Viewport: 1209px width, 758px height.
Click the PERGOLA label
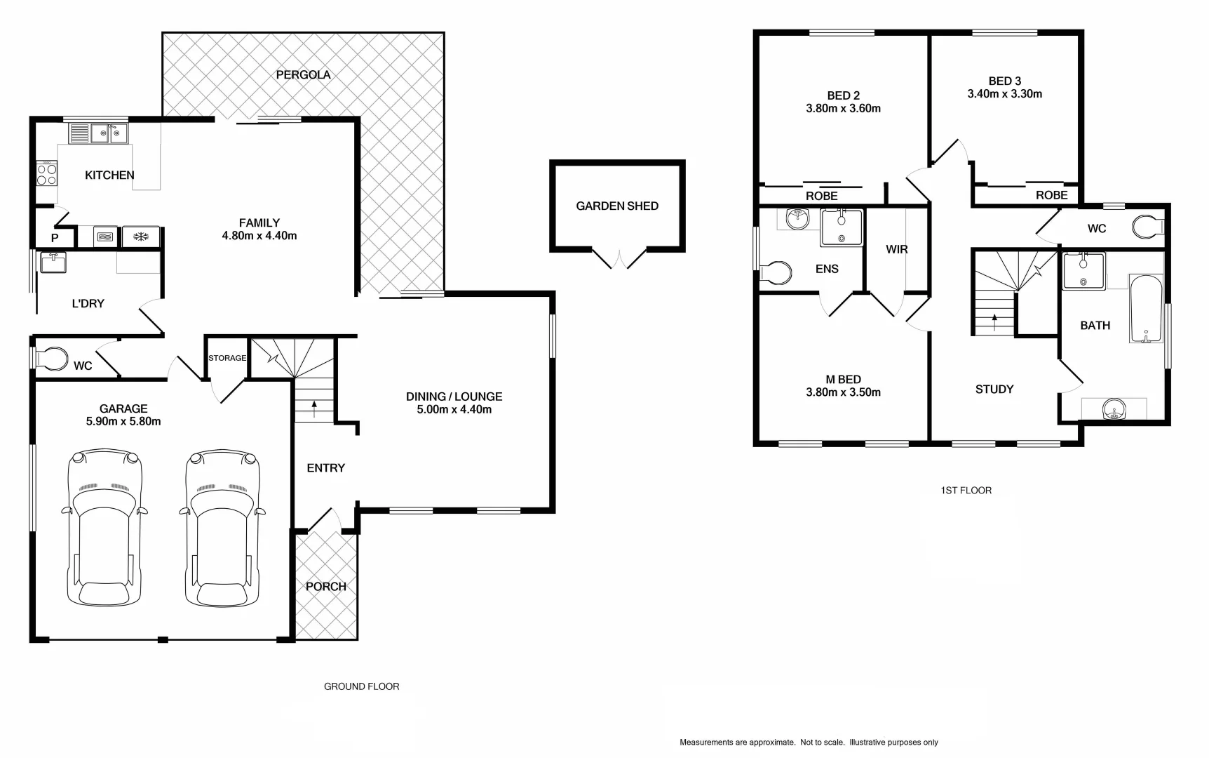(x=303, y=75)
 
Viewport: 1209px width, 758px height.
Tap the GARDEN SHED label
(x=617, y=206)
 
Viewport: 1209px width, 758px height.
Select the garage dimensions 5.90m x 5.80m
(x=123, y=422)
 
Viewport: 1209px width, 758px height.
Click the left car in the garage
(x=105, y=528)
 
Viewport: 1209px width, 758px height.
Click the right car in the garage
(x=223, y=528)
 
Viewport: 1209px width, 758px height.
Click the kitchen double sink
(x=108, y=133)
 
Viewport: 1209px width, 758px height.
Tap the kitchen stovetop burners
(x=46, y=174)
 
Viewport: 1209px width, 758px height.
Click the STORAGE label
(x=227, y=358)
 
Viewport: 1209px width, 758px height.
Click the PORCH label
(x=326, y=587)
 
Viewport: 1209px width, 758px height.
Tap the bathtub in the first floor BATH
(x=1146, y=309)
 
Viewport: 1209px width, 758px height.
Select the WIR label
(x=897, y=250)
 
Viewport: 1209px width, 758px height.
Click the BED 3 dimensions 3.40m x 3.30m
(x=1004, y=94)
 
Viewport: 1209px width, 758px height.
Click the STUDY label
(x=994, y=390)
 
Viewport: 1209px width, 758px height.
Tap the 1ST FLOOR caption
(x=966, y=491)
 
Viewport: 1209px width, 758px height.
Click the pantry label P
(x=55, y=239)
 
